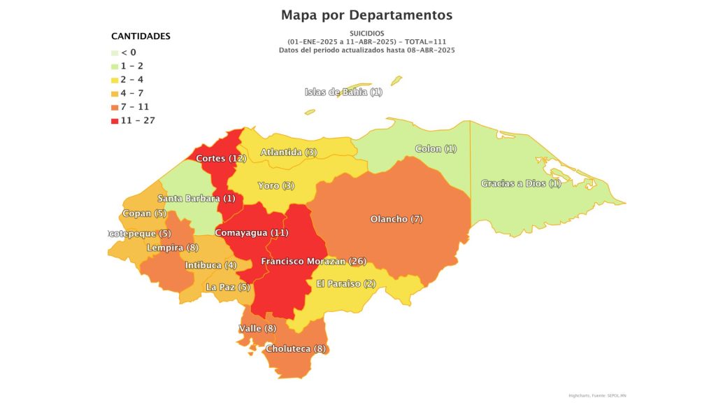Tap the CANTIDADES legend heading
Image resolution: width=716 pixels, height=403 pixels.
[141, 36]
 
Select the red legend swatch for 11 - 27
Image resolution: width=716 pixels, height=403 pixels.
[115, 121]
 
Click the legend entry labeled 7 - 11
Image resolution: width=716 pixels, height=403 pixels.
[135, 107]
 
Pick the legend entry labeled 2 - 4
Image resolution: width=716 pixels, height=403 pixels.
[132, 80]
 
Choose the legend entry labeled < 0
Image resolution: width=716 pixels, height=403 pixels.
[128, 52]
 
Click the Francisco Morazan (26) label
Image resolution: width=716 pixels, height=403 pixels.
[313, 261]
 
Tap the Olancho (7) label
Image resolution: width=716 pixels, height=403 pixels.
[396, 219]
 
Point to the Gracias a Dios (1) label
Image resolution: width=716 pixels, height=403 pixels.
[521, 183]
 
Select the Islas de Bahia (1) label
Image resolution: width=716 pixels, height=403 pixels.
[343, 92]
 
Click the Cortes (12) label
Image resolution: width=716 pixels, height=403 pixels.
[220, 158]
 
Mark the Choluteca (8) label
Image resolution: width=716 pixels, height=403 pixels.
[296, 348]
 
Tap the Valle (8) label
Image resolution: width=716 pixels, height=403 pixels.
[257, 328]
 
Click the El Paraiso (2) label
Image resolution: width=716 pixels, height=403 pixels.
[346, 283]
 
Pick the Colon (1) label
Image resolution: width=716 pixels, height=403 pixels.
[436, 148]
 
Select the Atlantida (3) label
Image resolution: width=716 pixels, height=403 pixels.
[289, 152]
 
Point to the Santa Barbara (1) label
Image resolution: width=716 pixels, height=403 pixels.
[196, 198]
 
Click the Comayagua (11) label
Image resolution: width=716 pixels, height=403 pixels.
[251, 232]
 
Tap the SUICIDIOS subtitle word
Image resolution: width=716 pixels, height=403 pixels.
[366, 33]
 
